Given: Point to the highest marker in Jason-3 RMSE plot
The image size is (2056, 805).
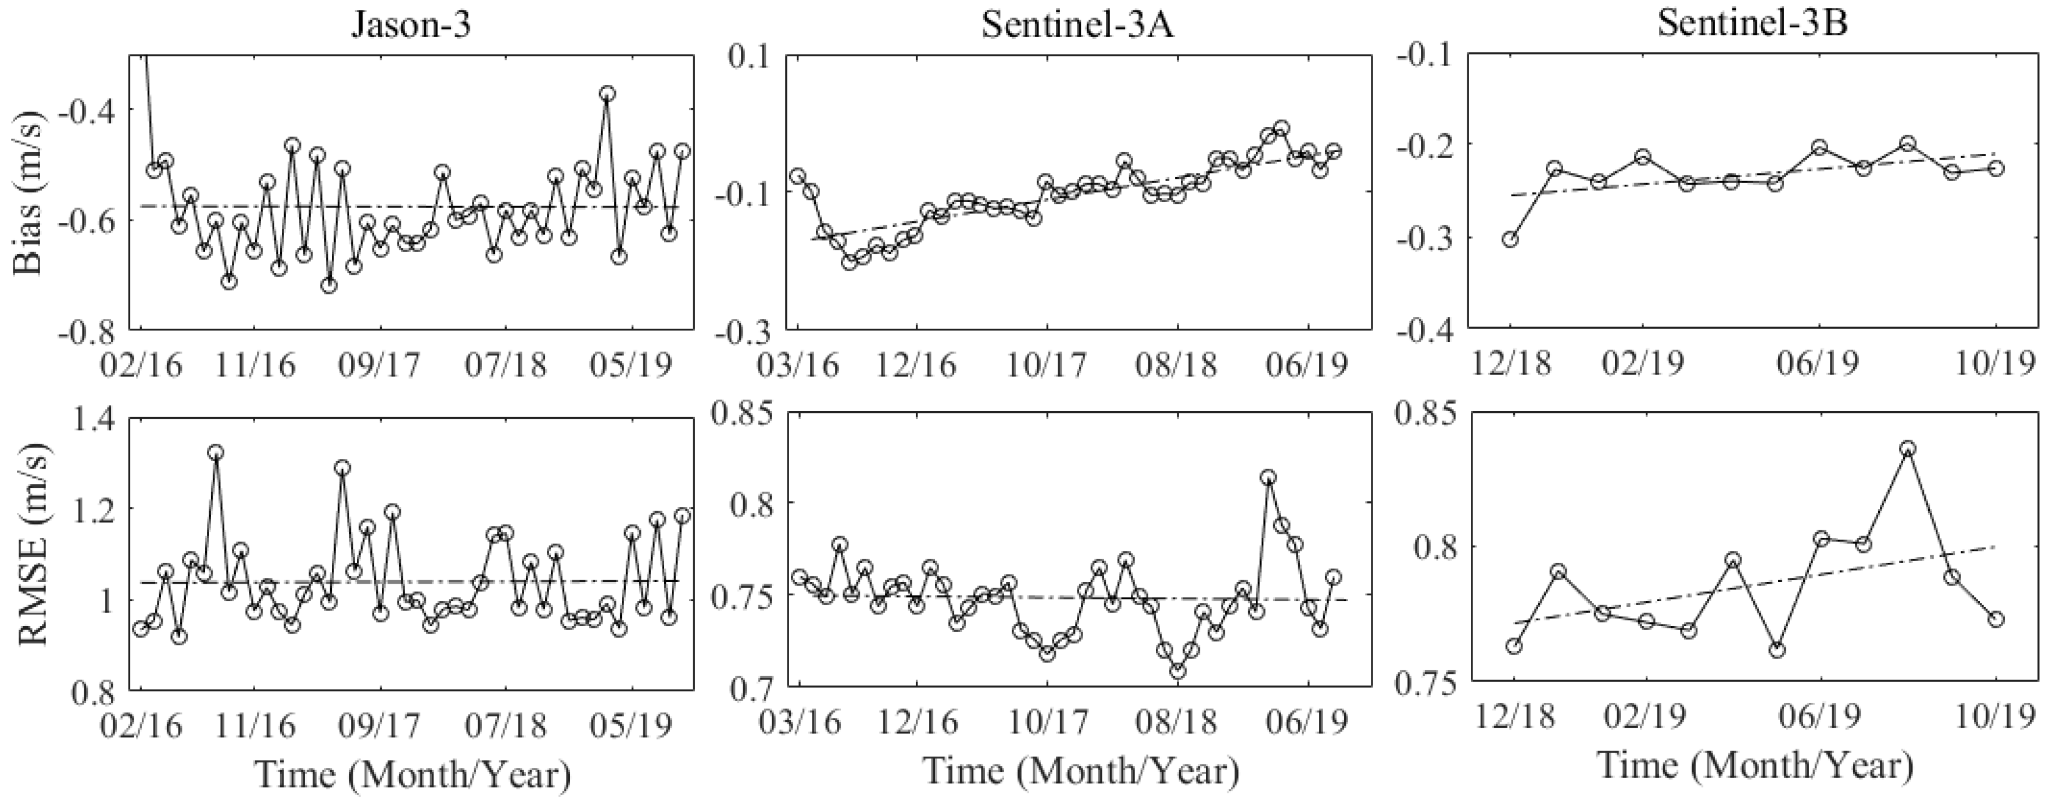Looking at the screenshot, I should point(216,452).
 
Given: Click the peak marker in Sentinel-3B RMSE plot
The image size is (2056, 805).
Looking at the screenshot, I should point(1908,448).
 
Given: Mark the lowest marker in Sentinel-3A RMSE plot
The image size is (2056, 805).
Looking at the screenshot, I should point(1178,671).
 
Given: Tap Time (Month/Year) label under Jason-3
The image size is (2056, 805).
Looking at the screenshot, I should point(412,773).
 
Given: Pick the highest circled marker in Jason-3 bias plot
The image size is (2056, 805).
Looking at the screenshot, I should point(607,94).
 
